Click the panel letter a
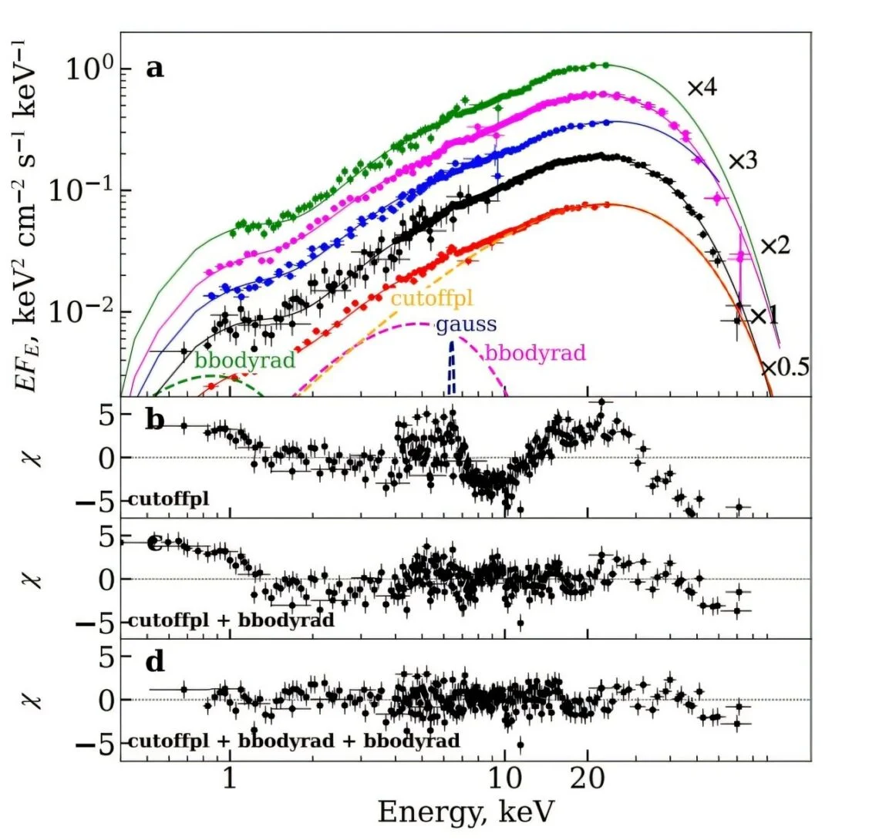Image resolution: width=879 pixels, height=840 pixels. coord(155,69)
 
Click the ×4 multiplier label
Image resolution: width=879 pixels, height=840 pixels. coord(702,88)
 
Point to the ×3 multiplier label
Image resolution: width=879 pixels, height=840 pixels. coord(743,161)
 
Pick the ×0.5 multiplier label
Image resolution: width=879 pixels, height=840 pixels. coord(785,368)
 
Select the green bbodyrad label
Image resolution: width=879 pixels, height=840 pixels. coord(245,359)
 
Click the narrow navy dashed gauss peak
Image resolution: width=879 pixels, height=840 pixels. coord(453,370)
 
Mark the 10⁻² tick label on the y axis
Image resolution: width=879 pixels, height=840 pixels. coord(79,311)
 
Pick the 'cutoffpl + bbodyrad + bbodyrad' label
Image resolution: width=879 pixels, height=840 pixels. coord(293,741)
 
